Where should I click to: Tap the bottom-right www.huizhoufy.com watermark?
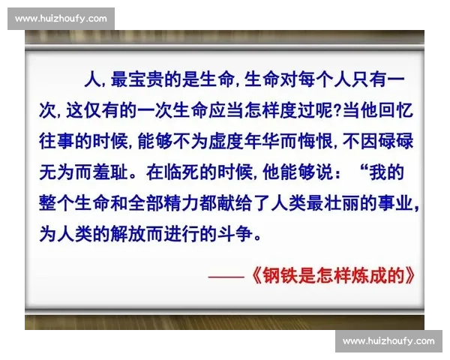tap(388, 341)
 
